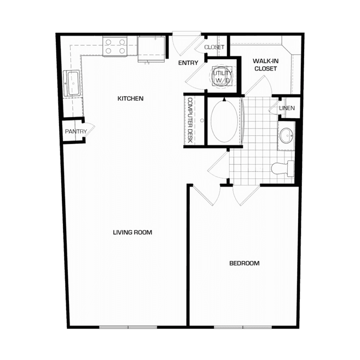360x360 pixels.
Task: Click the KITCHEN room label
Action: coord(130,98)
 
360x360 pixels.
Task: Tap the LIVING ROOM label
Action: coord(132,233)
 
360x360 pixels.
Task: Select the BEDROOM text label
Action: coord(245,263)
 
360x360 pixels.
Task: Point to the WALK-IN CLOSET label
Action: coord(266,65)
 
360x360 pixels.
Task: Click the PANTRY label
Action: coord(76,131)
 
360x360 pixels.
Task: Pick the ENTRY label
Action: coord(188,63)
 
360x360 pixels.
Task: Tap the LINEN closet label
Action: coord(287,108)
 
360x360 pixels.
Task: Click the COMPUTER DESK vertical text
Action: coord(190,120)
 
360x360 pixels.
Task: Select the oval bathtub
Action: coord(224,121)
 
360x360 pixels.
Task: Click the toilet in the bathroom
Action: coord(283,169)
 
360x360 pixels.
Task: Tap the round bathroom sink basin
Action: coord(286,136)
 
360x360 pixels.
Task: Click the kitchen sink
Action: coord(72,83)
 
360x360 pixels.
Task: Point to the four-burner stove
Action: coord(115,47)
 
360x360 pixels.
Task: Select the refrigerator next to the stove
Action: coord(152,49)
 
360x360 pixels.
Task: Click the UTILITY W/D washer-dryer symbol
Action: coord(222,76)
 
